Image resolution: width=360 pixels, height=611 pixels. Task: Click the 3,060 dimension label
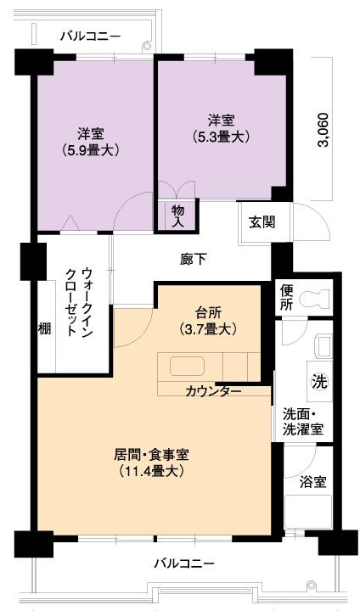click(x=323, y=130)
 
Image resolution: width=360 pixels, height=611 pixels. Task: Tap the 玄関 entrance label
click(x=262, y=222)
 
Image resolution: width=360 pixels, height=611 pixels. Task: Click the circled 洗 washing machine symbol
click(x=319, y=381)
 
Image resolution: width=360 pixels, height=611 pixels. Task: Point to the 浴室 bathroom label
click(x=312, y=482)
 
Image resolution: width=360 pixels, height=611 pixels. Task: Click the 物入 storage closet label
click(x=177, y=216)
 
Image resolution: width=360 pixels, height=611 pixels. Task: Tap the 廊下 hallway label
click(x=193, y=260)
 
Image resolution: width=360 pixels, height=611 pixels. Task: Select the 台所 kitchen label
click(x=208, y=312)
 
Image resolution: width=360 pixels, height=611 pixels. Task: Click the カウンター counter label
click(x=213, y=391)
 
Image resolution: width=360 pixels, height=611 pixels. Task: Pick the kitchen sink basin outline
click(x=187, y=366)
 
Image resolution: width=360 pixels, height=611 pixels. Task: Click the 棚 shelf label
click(x=44, y=329)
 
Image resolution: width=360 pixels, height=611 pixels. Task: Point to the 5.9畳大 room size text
click(x=90, y=150)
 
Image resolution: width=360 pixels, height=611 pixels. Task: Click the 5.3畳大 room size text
click(x=221, y=137)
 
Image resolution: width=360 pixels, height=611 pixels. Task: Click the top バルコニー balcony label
click(x=91, y=36)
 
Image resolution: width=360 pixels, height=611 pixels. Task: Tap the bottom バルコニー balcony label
click(x=184, y=563)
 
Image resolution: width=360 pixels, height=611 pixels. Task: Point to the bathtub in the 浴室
click(x=308, y=512)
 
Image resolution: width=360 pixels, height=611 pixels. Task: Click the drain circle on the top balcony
click(x=147, y=46)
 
